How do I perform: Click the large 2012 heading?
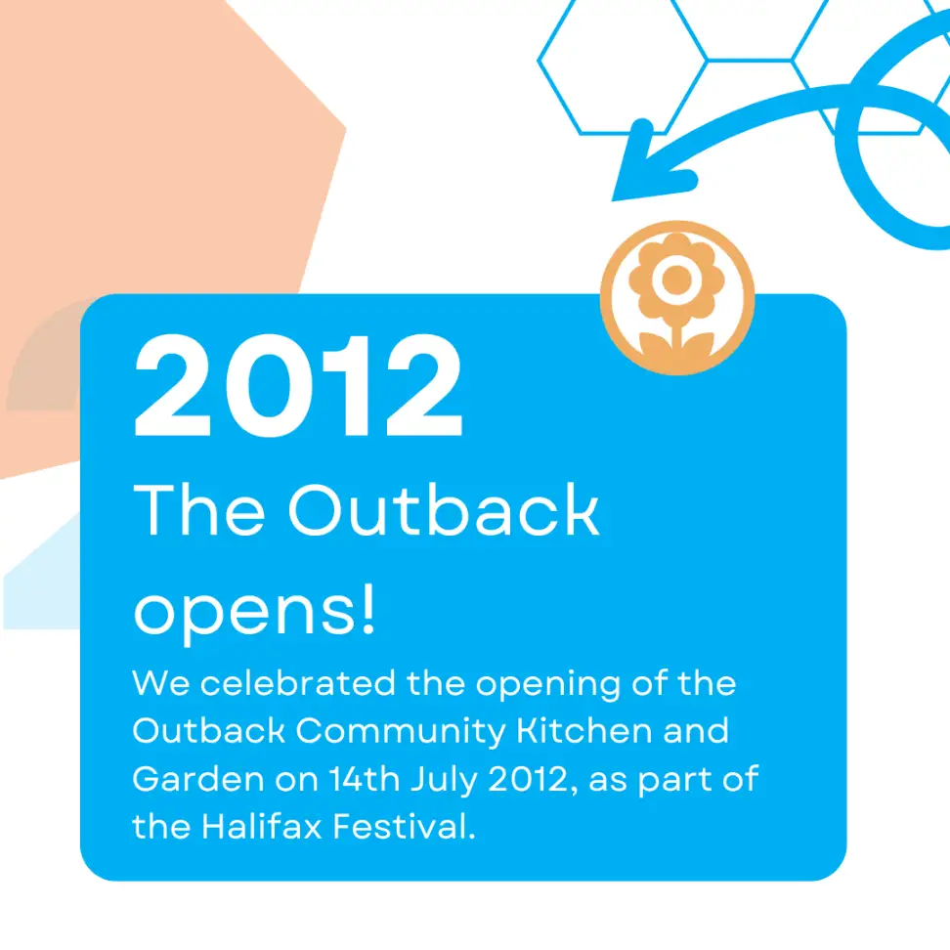(x=298, y=385)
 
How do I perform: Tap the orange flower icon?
(x=676, y=297)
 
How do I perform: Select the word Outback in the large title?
(x=444, y=509)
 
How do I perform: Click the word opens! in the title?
(x=254, y=611)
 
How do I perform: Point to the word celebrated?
(x=297, y=683)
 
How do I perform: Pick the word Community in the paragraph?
(x=401, y=731)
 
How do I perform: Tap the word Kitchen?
(x=583, y=731)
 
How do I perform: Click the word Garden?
(x=198, y=779)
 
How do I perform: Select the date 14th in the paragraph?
(x=365, y=779)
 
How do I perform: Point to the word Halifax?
(x=262, y=826)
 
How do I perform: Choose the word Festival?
(x=404, y=826)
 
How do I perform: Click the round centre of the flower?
(x=676, y=280)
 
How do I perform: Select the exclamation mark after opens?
(x=367, y=608)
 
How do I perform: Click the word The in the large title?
(x=198, y=509)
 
